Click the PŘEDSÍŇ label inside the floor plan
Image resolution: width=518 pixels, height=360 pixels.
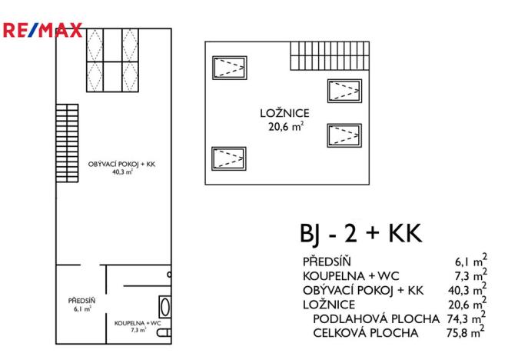[80, 300]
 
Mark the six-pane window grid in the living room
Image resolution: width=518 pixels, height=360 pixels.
[114, 59]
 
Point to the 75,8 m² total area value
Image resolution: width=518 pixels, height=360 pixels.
[466, 333]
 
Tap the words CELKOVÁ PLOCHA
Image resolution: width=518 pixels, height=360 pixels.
[365, 333]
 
